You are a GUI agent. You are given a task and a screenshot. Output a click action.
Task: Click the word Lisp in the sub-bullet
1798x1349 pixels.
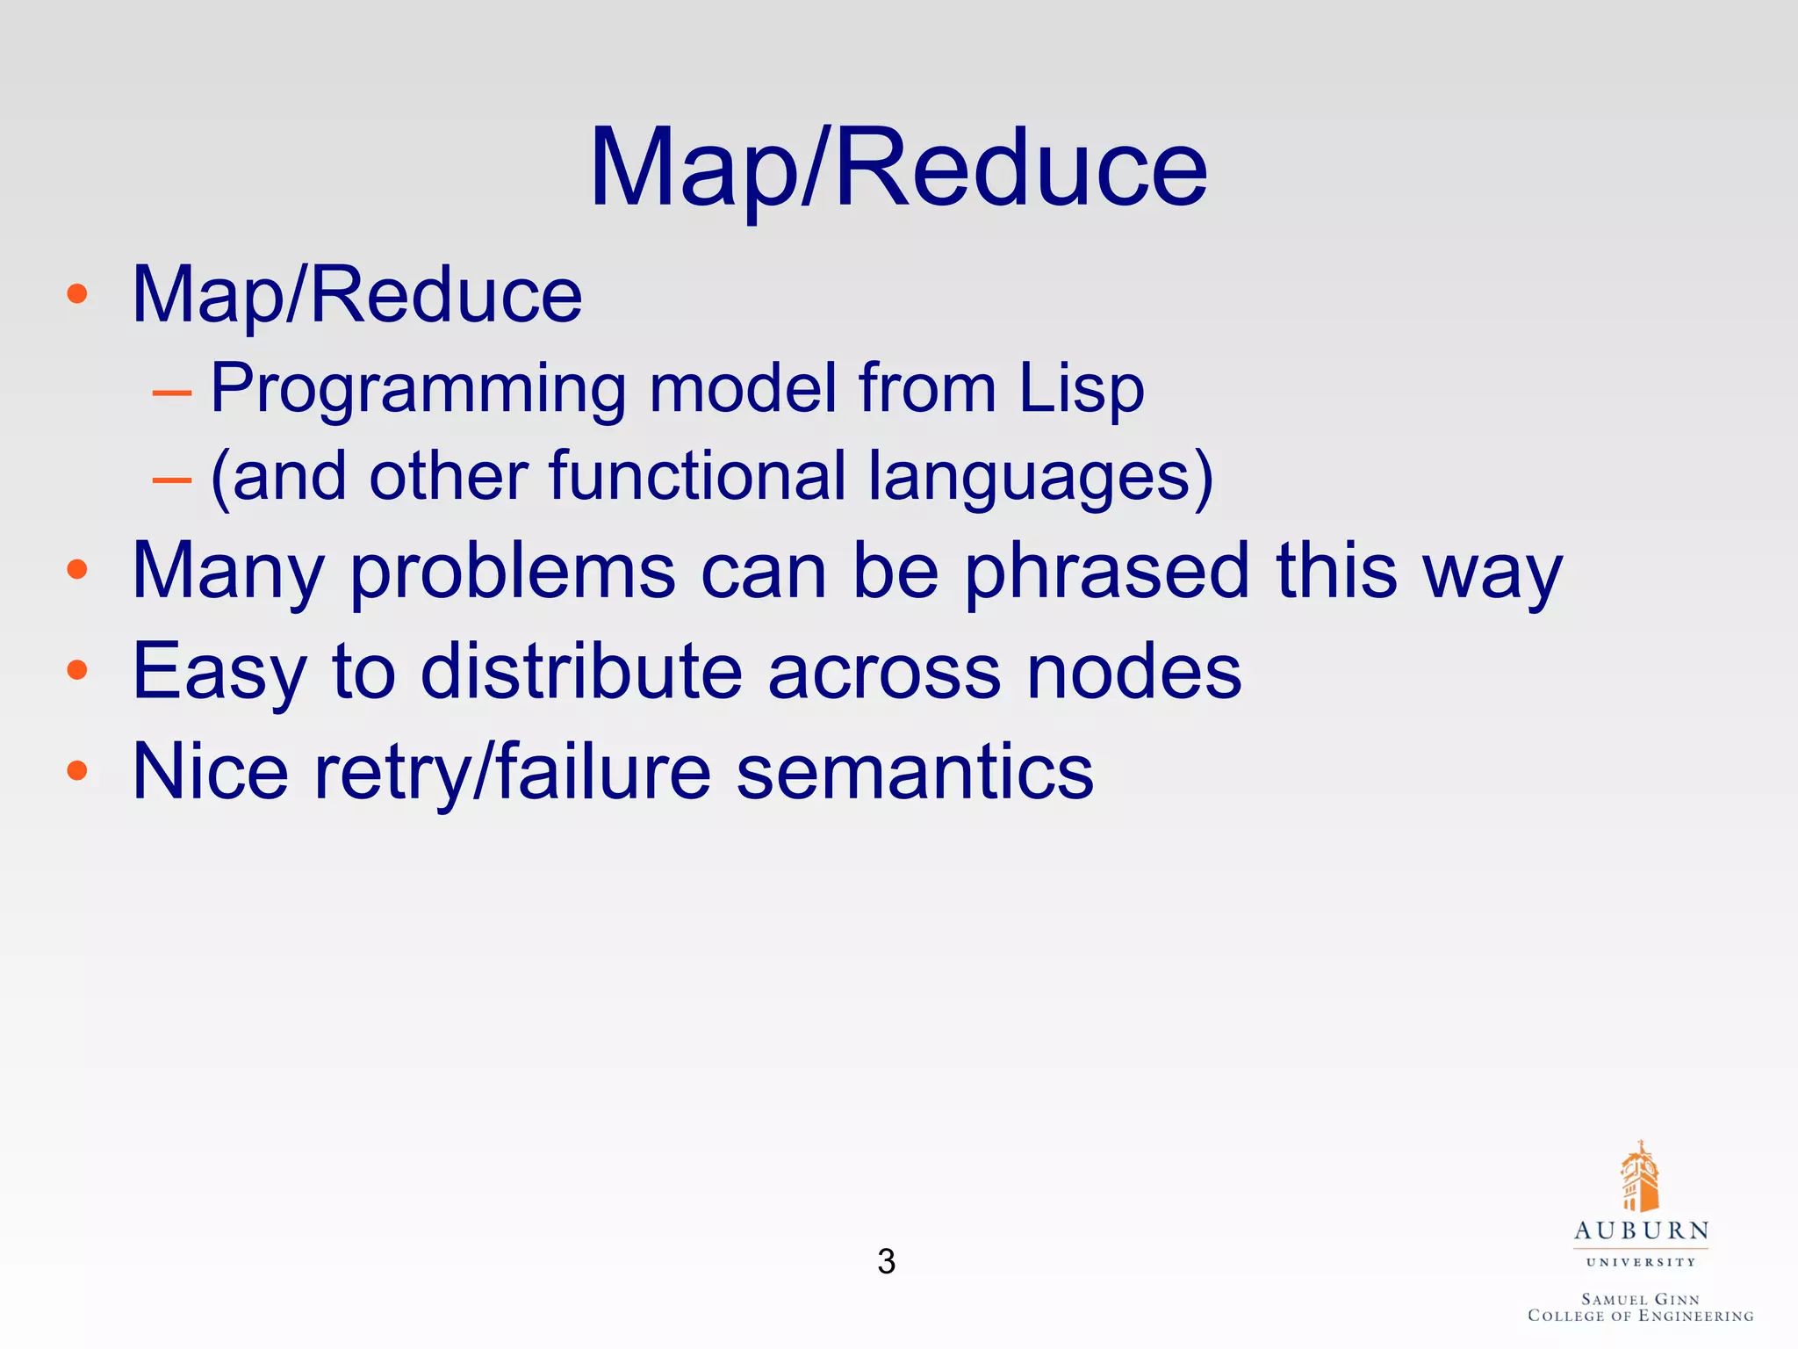coord(1082,387)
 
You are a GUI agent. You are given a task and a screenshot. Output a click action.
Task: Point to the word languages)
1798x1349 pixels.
coord(1040,477)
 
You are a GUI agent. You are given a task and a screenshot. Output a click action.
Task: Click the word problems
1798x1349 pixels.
coord(513,572)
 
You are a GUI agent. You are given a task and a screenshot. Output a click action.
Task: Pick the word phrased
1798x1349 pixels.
coord(1106,572)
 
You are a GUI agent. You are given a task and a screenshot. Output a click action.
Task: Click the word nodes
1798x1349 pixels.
coord(1134,671)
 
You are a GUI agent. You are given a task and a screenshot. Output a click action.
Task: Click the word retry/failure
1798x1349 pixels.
coord(513,773)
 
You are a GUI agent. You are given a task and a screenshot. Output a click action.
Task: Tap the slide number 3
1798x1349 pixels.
coord(886,1261)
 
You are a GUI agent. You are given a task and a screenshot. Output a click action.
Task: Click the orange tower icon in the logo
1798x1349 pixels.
coord(1639,1177)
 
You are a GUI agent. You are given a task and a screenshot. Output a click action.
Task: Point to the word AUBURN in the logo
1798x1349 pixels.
coord(1641,1230)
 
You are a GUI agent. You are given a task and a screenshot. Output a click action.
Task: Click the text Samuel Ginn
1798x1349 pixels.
coord(1640,1299)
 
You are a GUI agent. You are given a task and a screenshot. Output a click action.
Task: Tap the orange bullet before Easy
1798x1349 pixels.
coord(77,670)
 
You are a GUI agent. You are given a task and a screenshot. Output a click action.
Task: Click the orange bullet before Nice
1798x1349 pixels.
coord(77,771)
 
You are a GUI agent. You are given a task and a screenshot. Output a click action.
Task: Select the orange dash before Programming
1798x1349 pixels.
coord(171,392)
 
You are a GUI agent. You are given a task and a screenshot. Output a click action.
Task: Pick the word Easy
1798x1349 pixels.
coord(219,673)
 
